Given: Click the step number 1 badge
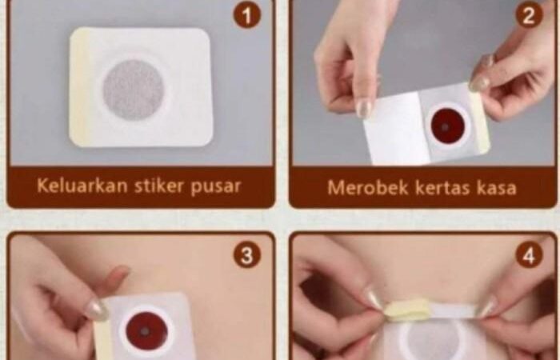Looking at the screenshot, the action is click(246, 14).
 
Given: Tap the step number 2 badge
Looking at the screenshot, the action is click(529, 14).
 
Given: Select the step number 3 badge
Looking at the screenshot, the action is click(246, 254).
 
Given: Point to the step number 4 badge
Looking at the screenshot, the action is click(529, 254).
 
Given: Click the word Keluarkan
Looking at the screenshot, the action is click(82, 186).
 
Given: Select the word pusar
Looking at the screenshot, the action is click(216, 186).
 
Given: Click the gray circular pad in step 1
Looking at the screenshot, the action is click(134, 90).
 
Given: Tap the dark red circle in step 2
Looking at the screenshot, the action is click(447, 126).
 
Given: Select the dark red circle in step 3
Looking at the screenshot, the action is click(146, 331).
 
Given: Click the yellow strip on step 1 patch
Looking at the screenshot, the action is click(79, 87).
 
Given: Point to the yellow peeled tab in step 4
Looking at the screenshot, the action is click(407, 310).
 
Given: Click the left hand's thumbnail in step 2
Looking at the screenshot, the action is click(363, 109).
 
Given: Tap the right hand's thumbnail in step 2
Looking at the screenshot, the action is click(479, 84).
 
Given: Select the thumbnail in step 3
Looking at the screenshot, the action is click(96, 310).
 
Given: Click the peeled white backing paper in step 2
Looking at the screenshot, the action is click(397, 129).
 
